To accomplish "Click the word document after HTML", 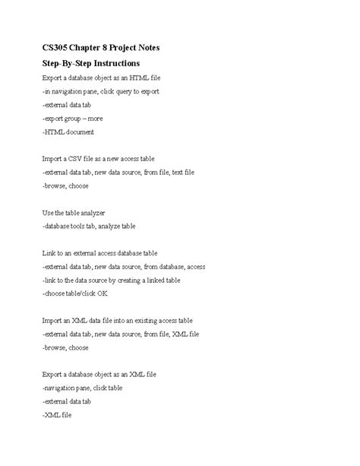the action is [80, 132].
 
